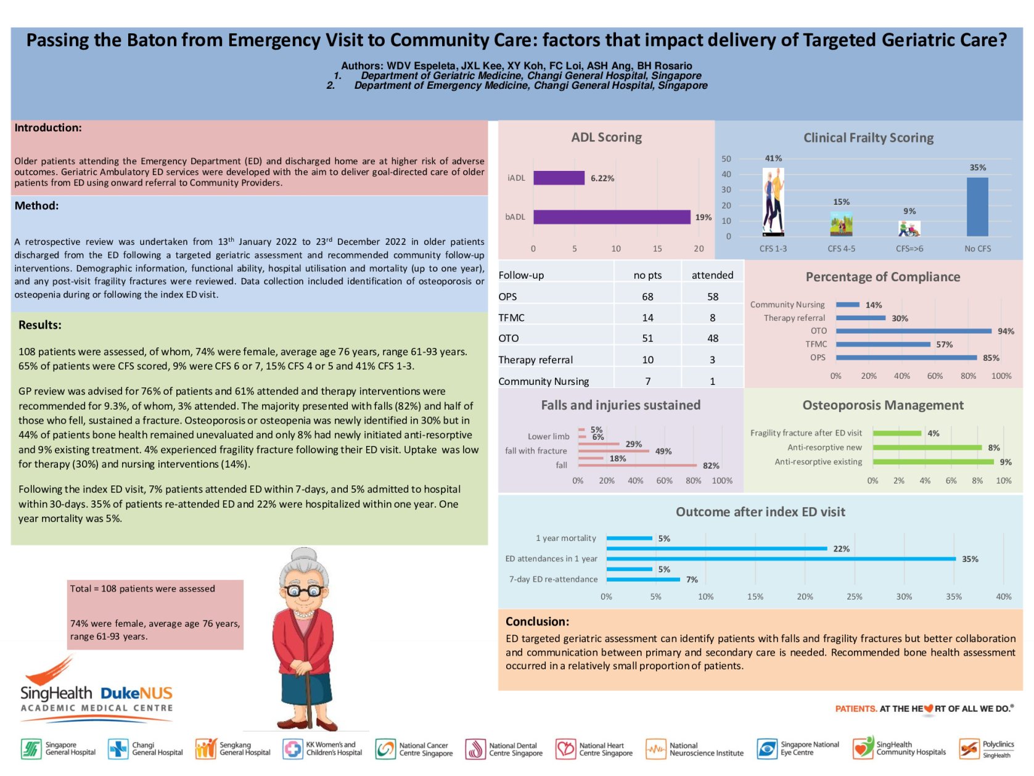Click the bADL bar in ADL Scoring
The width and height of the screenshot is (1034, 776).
point(611,217)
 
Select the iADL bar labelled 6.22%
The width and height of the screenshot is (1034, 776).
point(559,178)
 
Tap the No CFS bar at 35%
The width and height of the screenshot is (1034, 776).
point(977,207)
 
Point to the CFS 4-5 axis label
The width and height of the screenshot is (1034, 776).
point(841,249)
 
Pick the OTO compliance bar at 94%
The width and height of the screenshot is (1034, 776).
point(913,331)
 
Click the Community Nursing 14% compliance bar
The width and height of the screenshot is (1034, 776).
point(847,305)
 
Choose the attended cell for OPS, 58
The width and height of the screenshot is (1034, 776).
point(712,297)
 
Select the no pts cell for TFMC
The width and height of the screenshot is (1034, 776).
point(647,318)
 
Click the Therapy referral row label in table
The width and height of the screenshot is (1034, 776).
point(535,360)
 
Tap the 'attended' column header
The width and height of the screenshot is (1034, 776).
point(712,275)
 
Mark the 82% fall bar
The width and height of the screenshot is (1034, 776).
point(639,466)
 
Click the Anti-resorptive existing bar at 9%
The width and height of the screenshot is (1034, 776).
point(933,462)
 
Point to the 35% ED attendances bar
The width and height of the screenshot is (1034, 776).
point(781,559)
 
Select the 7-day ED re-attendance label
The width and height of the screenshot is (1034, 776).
point(553,579)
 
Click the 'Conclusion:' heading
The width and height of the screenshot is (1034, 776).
point(537,622)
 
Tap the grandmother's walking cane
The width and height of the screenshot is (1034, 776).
point(306,691)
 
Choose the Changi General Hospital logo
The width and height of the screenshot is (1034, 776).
point(146,749)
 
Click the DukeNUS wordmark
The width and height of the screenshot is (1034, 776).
point(136,693)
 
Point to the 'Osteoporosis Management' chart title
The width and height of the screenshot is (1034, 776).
point(882,405)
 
